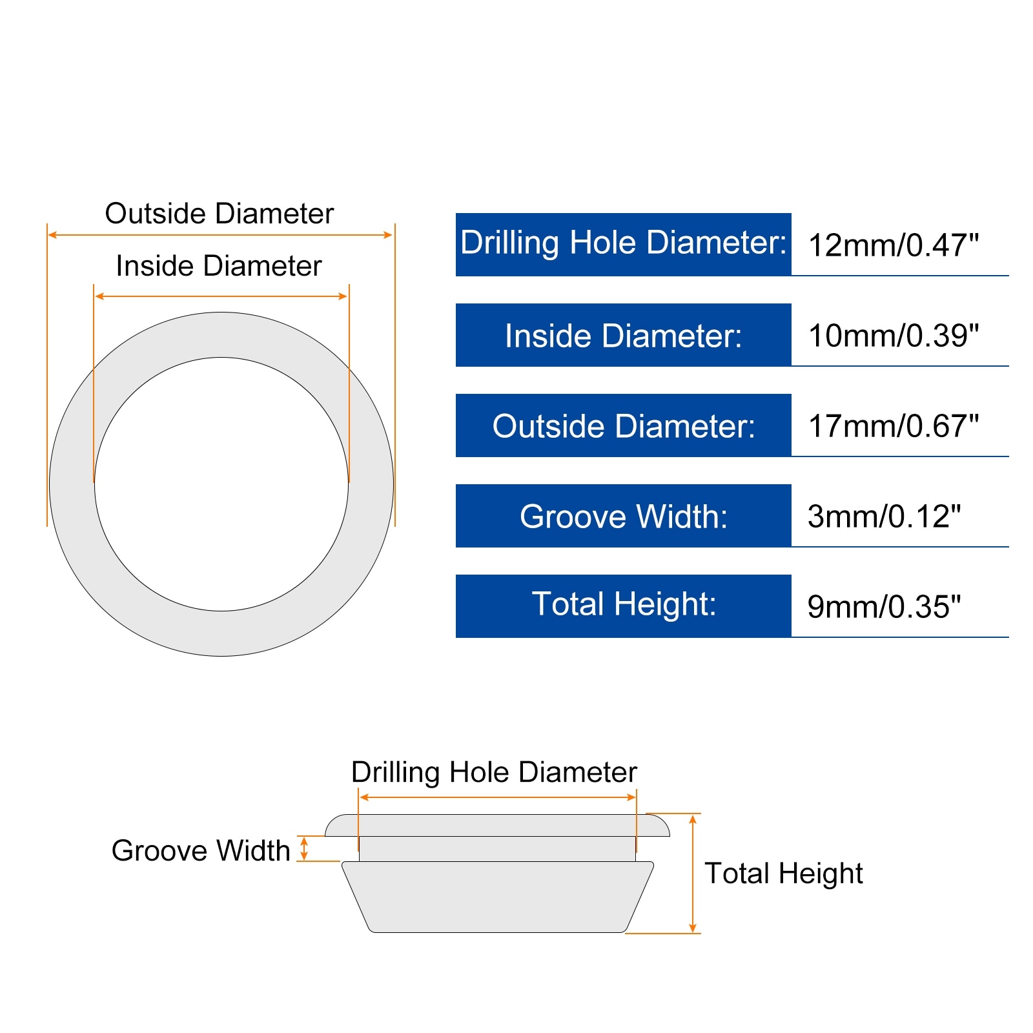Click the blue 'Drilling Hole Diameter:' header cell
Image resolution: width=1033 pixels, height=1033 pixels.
pyautogui.click(x=623, y=244)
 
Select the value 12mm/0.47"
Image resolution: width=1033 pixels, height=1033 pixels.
pyautogui.click(x=893, y=245)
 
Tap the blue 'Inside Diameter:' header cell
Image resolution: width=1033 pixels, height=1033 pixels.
pyautogui.click(x=623, y=335)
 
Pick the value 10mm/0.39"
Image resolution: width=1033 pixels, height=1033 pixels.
pyautogui.click(x=893, y=336)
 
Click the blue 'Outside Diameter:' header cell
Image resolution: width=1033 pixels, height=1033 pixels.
pyautogui.click(x=623, y=425)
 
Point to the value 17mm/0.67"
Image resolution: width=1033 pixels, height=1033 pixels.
pyautogui.click(x=893, y=426)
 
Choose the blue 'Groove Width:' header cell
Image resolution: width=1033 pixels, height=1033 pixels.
pyautogui.click(x=623, y=516)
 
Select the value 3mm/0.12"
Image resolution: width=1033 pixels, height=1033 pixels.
pyautogui.click(x=884, y=516)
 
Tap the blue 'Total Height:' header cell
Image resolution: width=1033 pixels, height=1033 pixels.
pyautogui.click(x=623, y=606)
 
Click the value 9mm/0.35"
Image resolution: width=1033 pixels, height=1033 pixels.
pyautogui.click(x=884, y=607)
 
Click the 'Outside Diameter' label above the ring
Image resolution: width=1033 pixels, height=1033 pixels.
pyautogui.click(x=220, y=214)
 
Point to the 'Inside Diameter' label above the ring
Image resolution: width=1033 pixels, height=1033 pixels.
pyautogui.click(x=219, y=266)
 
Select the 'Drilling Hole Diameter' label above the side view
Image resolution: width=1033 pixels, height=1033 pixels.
pyautogui.click(x=494, y=772)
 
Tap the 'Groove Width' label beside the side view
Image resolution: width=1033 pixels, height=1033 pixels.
pyautogui.click(x=201, y=850)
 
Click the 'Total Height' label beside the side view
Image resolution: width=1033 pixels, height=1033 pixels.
pyautogui.click(x=783, y=874)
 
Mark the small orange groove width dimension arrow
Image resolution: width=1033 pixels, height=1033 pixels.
pyautogui.click(x=304, y=848)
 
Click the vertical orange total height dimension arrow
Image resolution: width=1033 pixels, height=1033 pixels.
pyautogui.click(x=693, y=873)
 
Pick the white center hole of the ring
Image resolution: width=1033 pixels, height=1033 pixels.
pyautogui.click(x=221, y=484)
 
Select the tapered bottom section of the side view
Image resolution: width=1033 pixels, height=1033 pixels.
pyautogui.click(x=497, y=897)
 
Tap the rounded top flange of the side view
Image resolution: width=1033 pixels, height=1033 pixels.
pyautogui.click(x=497, y=825)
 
